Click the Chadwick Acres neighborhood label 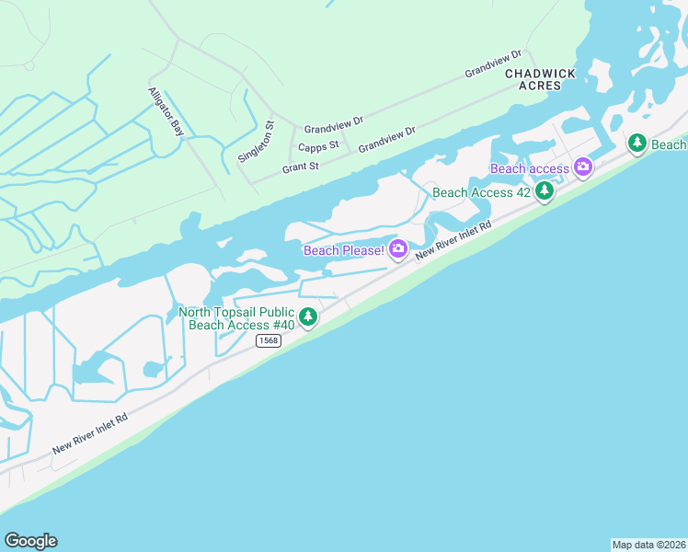(x=546, y=79)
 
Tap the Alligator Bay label (x=166, y=112)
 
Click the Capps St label (x=319, y=145)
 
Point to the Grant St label (x=300, y=167)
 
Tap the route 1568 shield (x=268, y=340)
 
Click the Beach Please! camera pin (x=398, y=248)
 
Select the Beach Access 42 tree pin (x=545, y=190)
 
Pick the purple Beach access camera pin (x=582, y=167)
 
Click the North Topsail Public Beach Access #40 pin (x=308, y=317)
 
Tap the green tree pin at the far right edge (x=637, y=143)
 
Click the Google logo (x=30, y=541)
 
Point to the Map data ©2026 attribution (x=648, y=544)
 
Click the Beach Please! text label (x=344, y=250)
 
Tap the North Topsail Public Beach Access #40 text (x=236, y=318)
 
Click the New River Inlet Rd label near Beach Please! (x=454, y=239)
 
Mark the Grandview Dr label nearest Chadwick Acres (x=493, y=63)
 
